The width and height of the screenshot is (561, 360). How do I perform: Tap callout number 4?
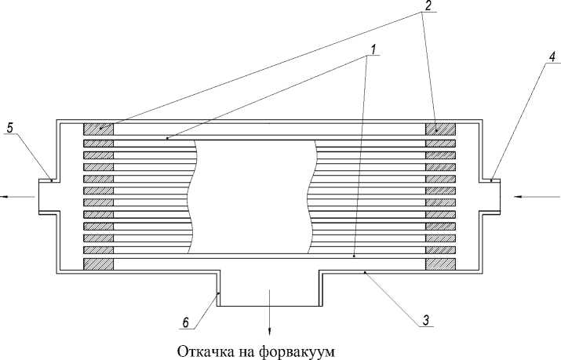tap(531, 57)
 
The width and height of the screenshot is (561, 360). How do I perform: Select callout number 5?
tap(11, 125)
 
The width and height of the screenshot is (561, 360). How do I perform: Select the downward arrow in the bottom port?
tap(269, 310)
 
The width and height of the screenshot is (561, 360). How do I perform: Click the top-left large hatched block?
tap(98, 129)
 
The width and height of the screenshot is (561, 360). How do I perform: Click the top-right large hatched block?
tap(440, 129)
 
